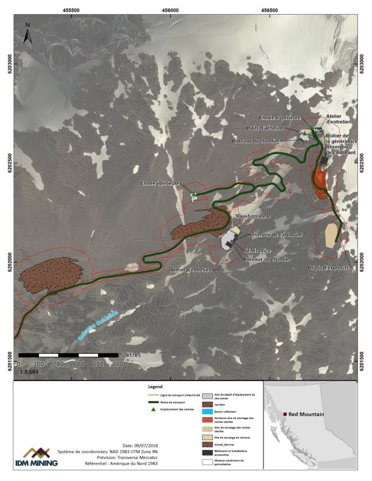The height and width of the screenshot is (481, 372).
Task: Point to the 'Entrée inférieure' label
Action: click(x=160, y=183)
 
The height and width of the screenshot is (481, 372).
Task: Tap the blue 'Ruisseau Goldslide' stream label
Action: click(x=97, y=323)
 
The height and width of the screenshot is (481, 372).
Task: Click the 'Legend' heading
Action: click(x=155, y=387)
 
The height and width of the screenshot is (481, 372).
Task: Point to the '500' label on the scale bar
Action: click(x=115, y=363)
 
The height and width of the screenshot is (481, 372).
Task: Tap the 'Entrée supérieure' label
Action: click(x=280, y=117)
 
